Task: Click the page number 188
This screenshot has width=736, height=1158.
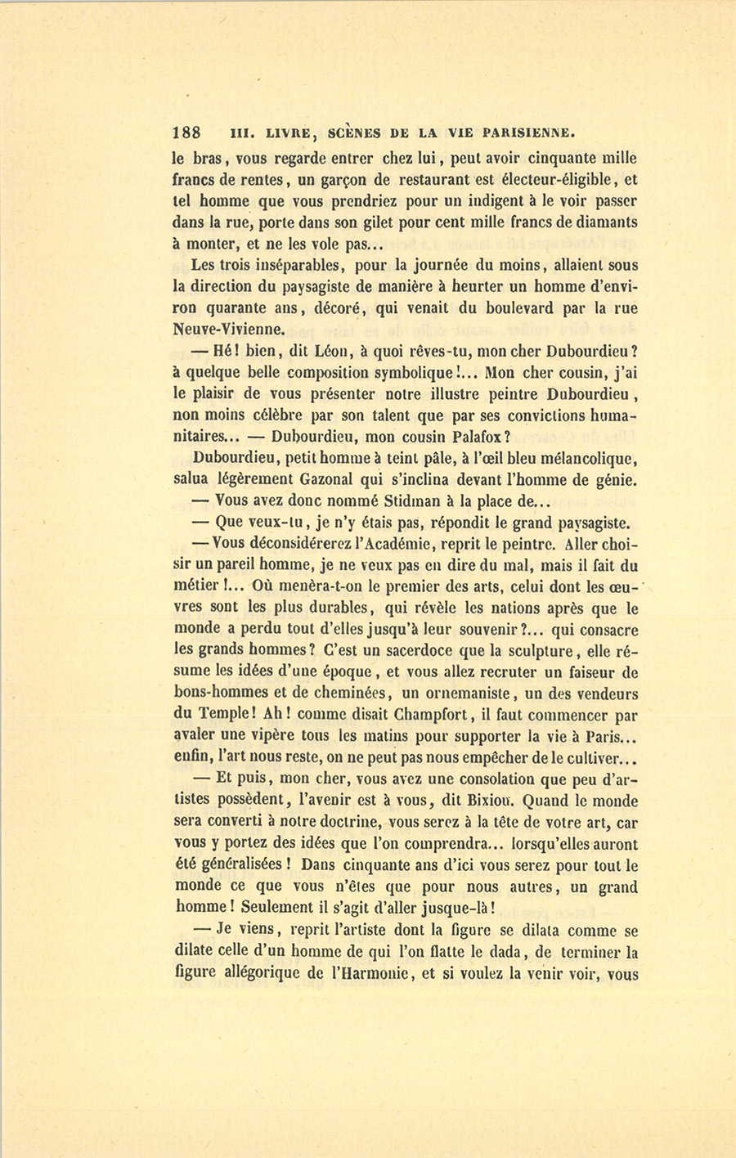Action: pyautogui.click(x=187, y=133)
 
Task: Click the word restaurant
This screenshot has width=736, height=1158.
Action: pyautogui.click(x=433, y=179)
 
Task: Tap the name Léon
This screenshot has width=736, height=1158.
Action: pyautogui.click(x=332, y=351)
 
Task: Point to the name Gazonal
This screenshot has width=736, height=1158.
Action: pyautogui.click(x=324, y=480)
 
